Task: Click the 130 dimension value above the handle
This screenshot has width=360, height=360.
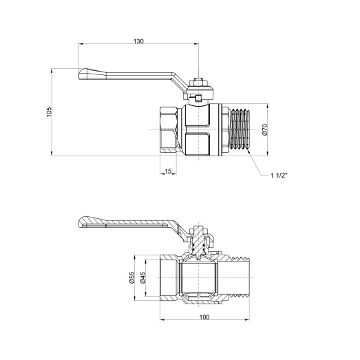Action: click(138, 42)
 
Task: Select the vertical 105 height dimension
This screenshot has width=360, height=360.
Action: click(49, 112)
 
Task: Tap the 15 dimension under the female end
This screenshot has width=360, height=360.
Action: click(168, 171)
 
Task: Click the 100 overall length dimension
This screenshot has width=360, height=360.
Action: click(205, 317)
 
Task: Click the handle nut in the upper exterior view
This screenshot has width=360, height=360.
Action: click(198, 82)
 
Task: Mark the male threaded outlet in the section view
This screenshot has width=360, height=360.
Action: click(237, 279)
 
